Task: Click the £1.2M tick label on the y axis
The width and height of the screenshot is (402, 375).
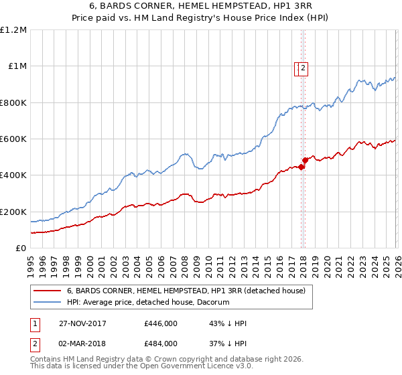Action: click(13, 30)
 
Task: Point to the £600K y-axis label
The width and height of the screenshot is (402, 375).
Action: click(13, 139)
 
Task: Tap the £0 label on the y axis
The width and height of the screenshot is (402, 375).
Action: click(21, 248)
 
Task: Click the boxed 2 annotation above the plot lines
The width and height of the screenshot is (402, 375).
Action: click(303, 67)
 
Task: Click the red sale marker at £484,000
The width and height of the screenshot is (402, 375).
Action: click(305, 160)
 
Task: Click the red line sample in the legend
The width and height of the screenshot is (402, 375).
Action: click(48, 291)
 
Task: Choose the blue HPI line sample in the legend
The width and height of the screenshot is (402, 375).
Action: click(48, 303)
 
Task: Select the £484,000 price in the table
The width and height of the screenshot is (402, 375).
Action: click(161, 343)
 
